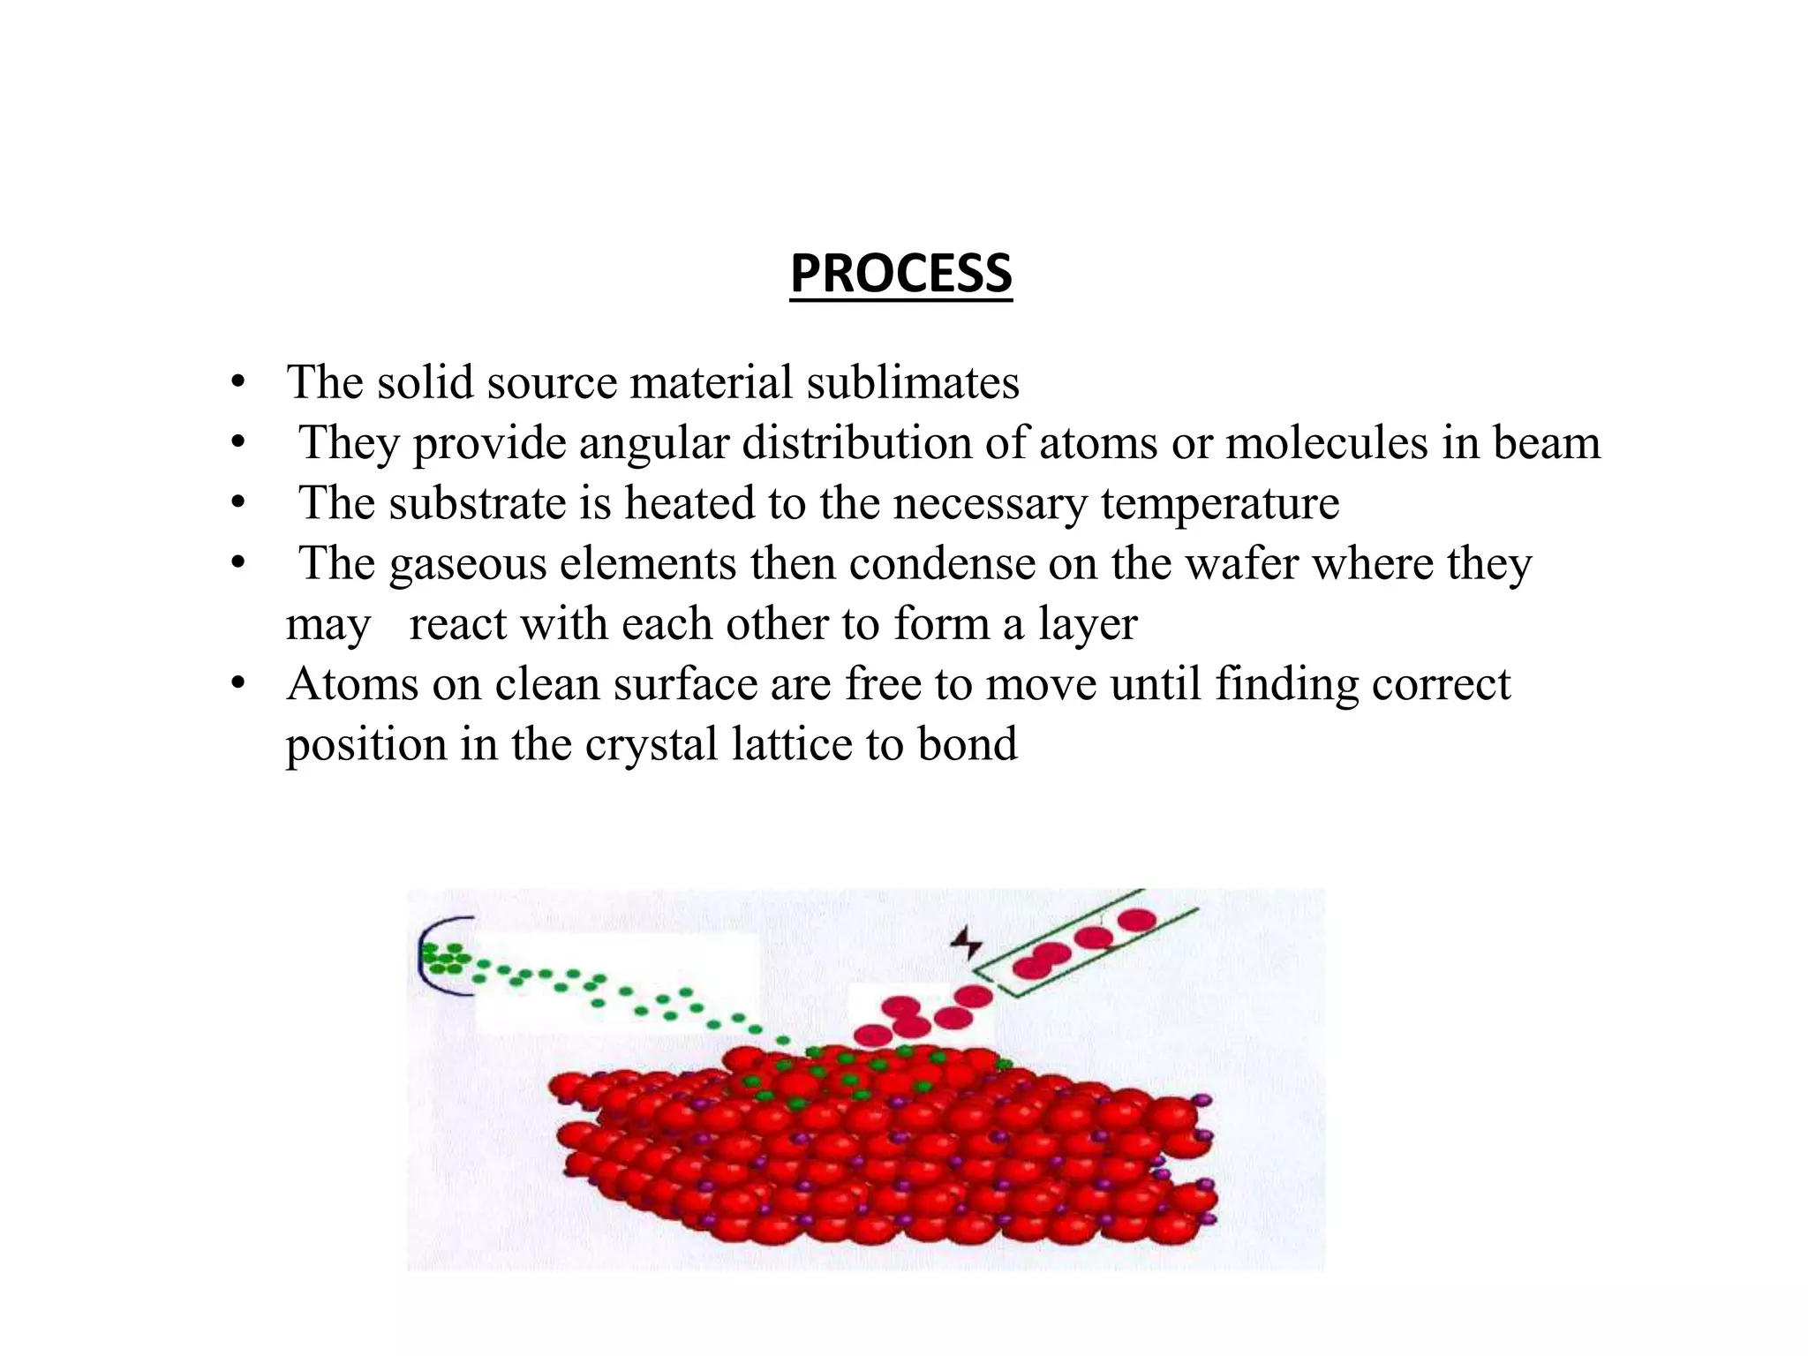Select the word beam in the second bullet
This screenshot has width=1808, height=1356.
point(1546,443)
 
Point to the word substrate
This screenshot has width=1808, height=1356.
point(478,503)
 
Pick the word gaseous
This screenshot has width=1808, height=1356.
point(468,564)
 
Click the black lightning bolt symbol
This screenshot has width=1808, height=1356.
point(967,943)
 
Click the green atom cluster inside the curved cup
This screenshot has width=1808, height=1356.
point(444,958)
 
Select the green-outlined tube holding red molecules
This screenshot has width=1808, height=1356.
point(1090,945)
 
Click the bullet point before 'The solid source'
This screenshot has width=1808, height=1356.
point(237,383)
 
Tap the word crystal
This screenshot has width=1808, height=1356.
point(651,744)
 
